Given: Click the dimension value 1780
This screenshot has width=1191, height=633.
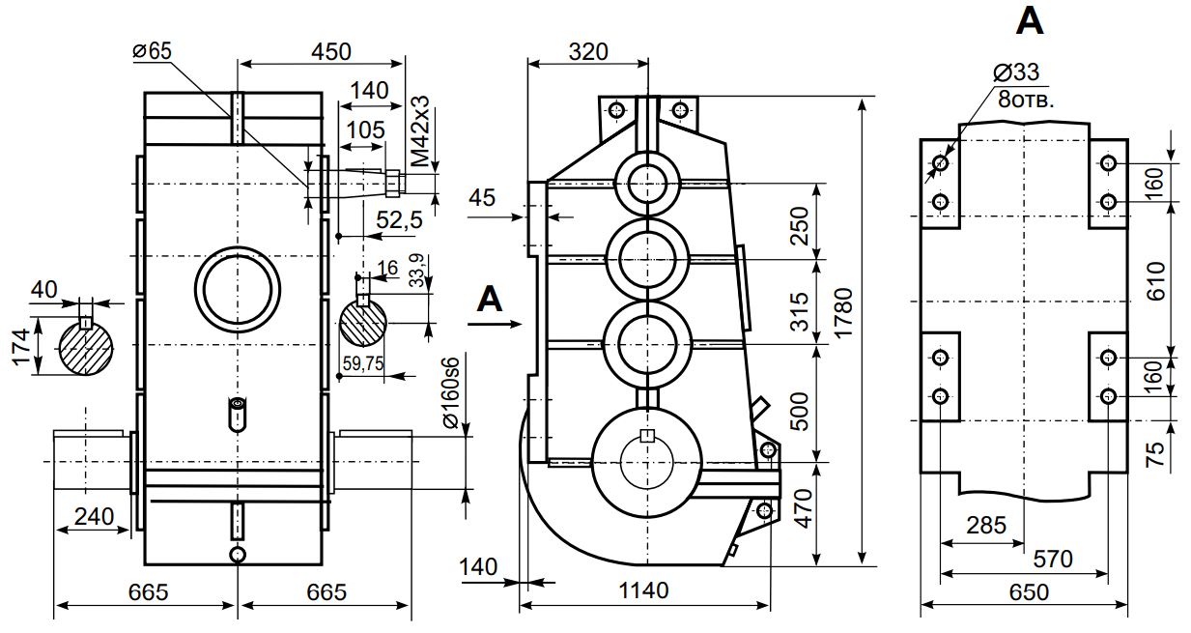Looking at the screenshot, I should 846,329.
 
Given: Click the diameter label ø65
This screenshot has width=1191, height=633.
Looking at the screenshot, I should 152,51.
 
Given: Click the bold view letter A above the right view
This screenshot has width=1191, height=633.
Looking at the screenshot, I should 1031,22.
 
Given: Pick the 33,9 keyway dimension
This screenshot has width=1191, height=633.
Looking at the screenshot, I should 416,272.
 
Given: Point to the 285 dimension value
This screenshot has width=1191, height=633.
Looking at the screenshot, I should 986,526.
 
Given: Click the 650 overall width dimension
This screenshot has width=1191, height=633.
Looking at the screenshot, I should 1028,591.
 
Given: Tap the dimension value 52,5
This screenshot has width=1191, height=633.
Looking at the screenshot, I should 400,220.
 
